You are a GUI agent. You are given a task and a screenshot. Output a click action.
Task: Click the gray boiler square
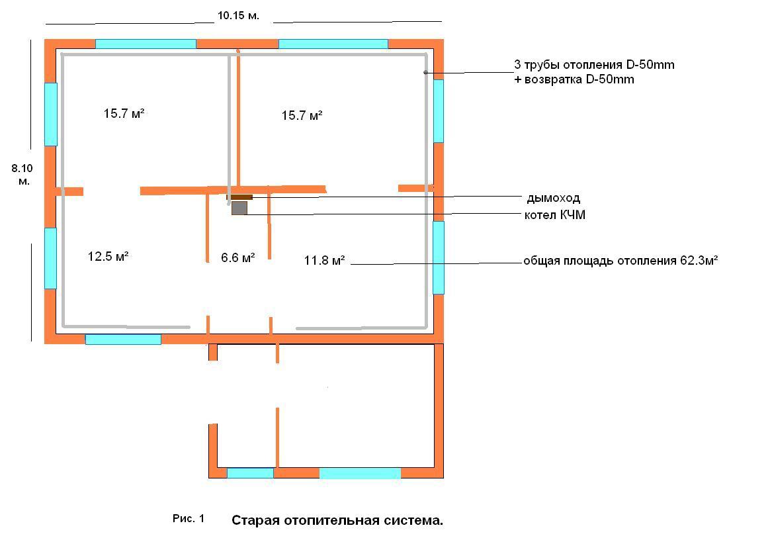[x=239, y=208]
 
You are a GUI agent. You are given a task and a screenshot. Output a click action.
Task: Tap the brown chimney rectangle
[x=239, y=198]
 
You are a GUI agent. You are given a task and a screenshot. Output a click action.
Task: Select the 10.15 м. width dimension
[x=238, y=16]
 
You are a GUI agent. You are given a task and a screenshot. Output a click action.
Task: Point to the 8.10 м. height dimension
[x=22, y=175]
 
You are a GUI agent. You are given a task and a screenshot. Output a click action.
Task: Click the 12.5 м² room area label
[x=108, y=256]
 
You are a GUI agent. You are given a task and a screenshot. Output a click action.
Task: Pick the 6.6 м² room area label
[x=237, y=257]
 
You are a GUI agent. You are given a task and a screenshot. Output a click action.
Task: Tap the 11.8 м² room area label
[x=324, y=260]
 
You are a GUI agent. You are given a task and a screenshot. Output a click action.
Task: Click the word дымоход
[x=554, y=198]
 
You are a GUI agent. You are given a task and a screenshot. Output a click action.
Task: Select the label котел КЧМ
[x=555, y=214]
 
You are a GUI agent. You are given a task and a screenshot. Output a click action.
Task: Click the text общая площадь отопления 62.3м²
[x=620, y=261]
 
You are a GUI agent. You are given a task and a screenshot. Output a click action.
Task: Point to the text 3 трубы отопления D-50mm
[x=594, y=64]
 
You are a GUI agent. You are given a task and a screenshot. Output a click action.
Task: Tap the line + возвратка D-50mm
[x=574, y=79]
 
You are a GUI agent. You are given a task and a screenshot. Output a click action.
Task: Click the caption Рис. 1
[x=188, y=518]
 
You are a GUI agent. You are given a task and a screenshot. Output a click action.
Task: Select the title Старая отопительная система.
[x=337, y=520]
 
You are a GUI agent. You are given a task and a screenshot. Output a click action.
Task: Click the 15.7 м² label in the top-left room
[x=124, y=114]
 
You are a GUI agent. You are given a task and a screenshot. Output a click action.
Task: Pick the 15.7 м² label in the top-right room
[x=302, y=115]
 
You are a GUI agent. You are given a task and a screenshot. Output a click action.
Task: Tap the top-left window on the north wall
[x=146, y=44]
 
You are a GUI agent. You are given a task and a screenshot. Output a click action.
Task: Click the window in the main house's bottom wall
[x=123, y=339]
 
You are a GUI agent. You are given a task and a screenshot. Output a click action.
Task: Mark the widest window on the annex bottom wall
[x=360, y=473]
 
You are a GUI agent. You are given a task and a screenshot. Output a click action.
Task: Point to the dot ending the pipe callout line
[x=425, y=73]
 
